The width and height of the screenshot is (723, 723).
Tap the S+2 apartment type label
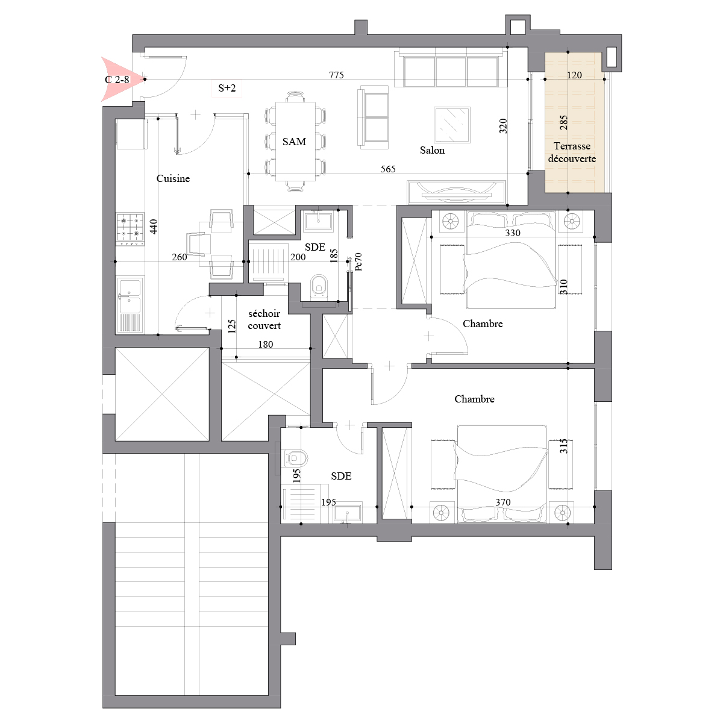pyautogui.click(x=227, y=88)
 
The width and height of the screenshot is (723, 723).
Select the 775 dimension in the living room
pyautogui.click(x=336, y=75)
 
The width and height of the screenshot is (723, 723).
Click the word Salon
pyautogui.click(x=432, y=151)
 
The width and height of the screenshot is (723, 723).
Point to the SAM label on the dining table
pyautogui.click(x=294, y=142)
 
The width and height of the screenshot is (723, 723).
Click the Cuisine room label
pyautogui.click(x=173, y=178)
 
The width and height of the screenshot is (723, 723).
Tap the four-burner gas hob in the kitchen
pyautogui.click(x=130, y=227)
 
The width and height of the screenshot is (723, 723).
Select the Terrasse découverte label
pyautogui.click(x=572, y=152)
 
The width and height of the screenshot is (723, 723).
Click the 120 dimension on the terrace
pyautogui.click(x=574, y=75)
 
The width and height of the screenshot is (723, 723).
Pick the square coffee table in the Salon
pyautogui.click(x=452, y=125)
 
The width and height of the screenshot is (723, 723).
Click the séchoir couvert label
pyautogui.click(x=264, y=320)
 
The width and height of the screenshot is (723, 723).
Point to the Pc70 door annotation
pyautogui.click(x=358, y=261)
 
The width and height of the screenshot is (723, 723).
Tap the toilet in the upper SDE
pyautogui.click(x=319, y=287)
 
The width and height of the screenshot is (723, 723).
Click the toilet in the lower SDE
pyautogui.click(x=295, y=458)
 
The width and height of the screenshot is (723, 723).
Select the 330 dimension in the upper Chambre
pyautogui.click(x=513, y=233)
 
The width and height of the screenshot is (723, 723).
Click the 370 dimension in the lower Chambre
pyautogui.click(x=502, y=502)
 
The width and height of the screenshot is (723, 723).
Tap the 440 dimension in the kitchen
pyautogui.click(x=154, y=227)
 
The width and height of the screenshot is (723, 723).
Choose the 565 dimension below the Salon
pyautogui.click(x=388, y=169)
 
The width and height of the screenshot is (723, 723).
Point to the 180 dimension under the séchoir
pyautogui.click(x=266, y=345)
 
